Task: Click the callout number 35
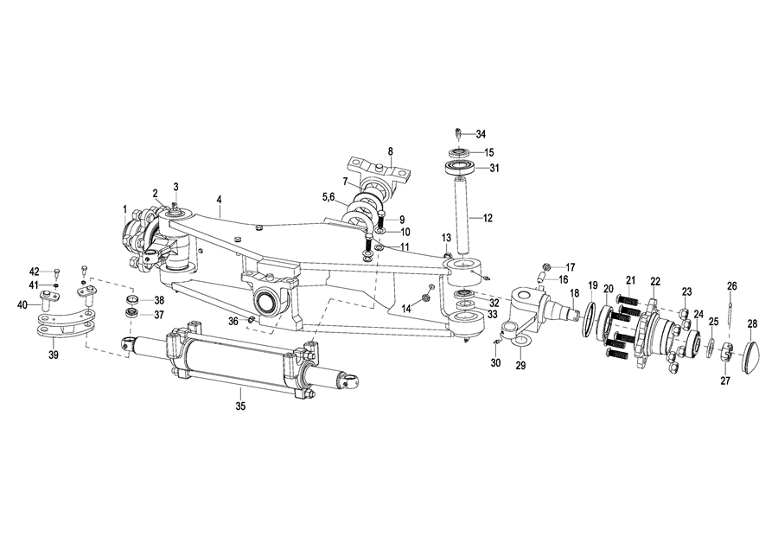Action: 240,406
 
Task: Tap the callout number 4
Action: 220,199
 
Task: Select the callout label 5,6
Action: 328,197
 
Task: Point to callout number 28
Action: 753,324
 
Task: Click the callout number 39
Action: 54,355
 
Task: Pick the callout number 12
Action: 488,218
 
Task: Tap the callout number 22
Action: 655,281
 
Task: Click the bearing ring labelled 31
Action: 460,167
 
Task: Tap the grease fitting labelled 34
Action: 458,134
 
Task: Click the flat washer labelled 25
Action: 710,347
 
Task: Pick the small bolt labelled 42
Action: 56,272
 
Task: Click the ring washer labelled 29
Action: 520,340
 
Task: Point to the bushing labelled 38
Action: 132,300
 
